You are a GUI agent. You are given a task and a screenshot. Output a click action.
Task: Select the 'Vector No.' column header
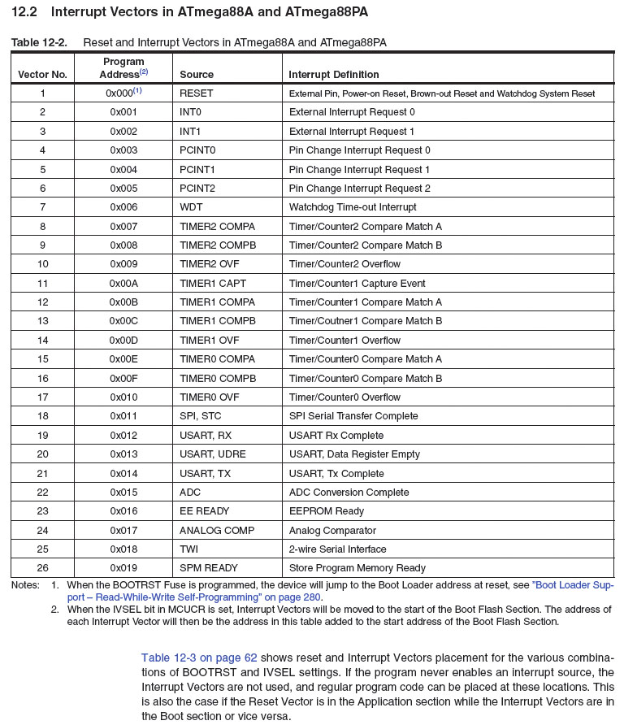tap(42, 75)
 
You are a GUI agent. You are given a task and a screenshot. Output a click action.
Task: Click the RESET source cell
tap(196, 93)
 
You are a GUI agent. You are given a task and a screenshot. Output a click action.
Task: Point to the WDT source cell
tap(191, 207)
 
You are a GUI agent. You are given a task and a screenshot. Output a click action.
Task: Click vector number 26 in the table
tap(42, 568)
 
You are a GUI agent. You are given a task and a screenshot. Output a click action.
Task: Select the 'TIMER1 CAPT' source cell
tap(212, 284)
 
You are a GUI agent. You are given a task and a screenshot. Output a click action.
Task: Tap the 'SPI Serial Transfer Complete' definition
tap(353, 416)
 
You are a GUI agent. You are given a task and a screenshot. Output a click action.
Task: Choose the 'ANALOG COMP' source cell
tap(217, 530)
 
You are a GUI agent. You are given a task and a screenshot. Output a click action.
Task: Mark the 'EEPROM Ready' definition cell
tap(327, 511)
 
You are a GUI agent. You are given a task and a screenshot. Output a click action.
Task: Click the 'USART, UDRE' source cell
tap(212, 454)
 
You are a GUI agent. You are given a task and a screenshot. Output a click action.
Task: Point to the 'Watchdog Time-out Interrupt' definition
tap(353, 207)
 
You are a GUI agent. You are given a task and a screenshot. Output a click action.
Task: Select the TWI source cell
tap(189, 549)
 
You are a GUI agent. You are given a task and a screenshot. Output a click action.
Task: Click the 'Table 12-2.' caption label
tap(38, 42)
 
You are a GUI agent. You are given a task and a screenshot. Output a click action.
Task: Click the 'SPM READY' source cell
tap(210, 568)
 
